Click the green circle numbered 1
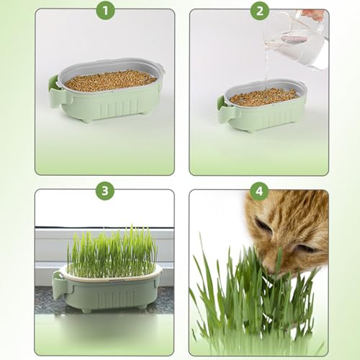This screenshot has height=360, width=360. (105, 10)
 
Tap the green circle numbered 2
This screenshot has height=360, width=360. (260, 10)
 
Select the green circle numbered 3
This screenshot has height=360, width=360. (105, 191)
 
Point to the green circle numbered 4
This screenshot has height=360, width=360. (259, 192)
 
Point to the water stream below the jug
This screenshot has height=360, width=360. (266, 72)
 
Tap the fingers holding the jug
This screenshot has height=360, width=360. (314, 14)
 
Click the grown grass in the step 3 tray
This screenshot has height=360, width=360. (111, 253)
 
